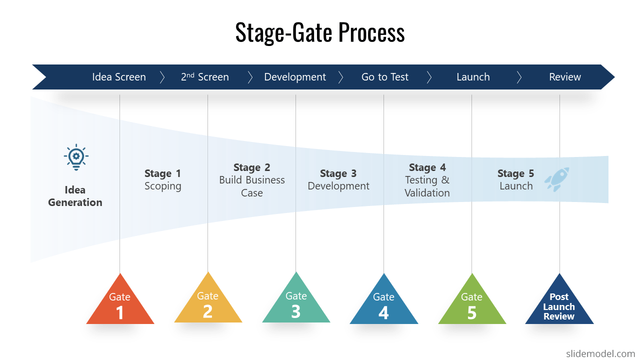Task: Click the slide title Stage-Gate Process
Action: click(x=319, y=32)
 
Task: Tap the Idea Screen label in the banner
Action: click(x=119, y=77)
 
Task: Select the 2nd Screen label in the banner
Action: click(x=205, y=77)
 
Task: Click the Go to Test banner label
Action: click(x=384, y=77)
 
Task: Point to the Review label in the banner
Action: click(x=565, y=77)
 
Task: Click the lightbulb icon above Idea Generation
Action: click(x=76, y=157)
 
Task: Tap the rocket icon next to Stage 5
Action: click(x=556, y=179)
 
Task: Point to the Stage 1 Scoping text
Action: click(x=162, y=180)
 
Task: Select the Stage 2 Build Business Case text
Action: click(x=252, y=180)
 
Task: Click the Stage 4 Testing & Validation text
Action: click(x=427, y=180)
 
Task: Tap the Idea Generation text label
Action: click(x=75, y=196)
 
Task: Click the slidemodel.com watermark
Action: click(x=600, y=353)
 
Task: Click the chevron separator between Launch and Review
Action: click(x=519, y=77)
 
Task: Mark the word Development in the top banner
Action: click(x=295, y=77)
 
